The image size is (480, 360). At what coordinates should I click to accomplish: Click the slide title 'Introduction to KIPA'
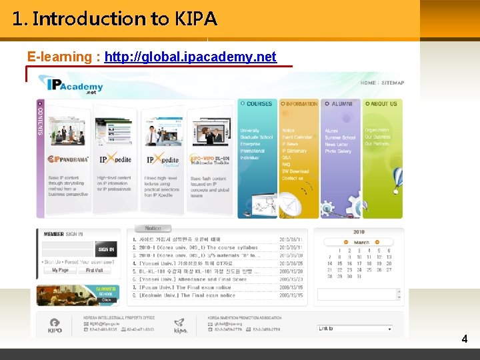[115, 19]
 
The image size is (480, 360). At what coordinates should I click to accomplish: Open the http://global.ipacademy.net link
[190, 57]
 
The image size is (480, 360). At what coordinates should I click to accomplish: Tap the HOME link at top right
[368, 83]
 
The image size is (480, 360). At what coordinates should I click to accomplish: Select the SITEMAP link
[393, 83]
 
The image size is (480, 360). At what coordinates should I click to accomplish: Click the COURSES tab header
[257, 104]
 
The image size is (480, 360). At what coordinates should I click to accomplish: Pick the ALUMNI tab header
[340, 104]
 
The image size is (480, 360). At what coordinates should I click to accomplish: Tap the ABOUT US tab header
[382, 104]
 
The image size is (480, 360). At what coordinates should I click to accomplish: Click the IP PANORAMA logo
[67, 159]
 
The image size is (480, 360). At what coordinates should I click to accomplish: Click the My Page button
[60, 270]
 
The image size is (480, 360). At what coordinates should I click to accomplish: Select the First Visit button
[95, 270]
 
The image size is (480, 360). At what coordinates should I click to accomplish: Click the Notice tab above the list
[153, 229]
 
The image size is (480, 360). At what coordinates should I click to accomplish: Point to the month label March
[361, 243]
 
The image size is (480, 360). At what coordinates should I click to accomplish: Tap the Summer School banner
[77, 294]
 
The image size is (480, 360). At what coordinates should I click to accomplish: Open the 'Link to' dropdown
[355, 329]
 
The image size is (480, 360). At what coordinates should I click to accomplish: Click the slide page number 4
[465, 339]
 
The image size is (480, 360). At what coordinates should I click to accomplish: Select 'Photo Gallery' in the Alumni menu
[338, 151]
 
